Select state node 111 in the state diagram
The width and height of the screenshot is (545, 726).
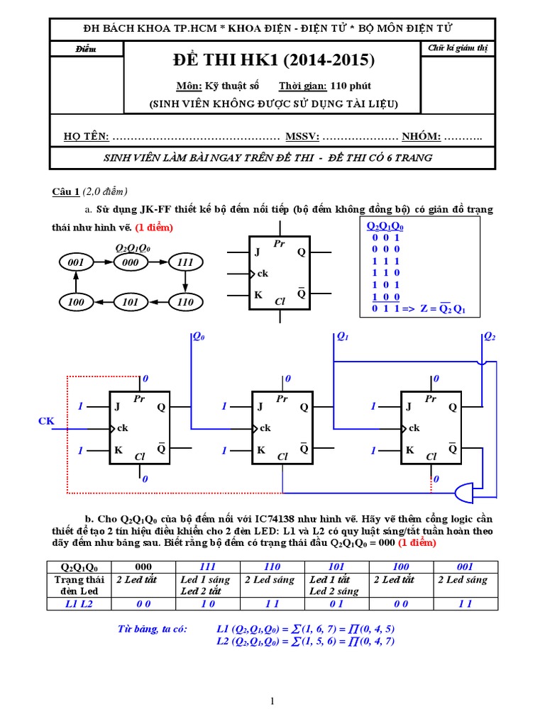[185, 262]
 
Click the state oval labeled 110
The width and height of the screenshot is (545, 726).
[185, 302]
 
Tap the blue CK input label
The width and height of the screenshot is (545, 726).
[46, 422]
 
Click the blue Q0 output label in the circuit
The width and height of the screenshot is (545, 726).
[199, 339]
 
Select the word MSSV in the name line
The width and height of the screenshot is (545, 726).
[302, 137]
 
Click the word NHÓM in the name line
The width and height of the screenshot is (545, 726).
[422, 137]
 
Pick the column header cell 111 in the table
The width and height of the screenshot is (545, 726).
[207, 566]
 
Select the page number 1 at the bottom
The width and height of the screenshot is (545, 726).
[272, 701]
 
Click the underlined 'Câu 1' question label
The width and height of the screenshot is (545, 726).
[66, 192]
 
